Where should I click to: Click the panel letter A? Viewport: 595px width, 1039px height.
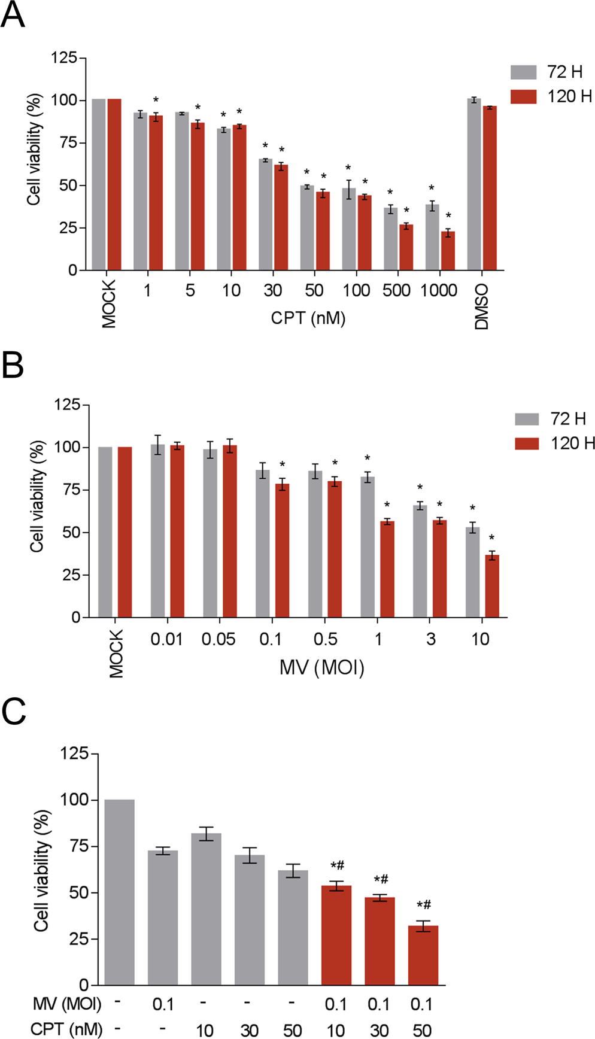pos(13,16)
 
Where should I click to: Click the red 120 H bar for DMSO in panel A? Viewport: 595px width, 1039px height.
pos(490,188)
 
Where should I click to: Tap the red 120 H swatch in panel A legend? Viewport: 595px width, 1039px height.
pos(523,96)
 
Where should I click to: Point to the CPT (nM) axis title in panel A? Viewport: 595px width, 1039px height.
pos(308,317)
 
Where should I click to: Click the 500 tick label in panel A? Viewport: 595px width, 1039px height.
pos(396,291)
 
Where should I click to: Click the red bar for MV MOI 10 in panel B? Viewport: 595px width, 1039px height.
pos(492,586)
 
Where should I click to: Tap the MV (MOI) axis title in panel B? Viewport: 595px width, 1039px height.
pos(321,667)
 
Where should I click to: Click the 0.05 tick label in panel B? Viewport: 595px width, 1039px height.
pos(218,639)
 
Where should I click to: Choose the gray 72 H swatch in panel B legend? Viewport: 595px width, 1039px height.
pos(527,418)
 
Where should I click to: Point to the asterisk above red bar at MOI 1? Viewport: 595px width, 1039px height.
pos(387,505)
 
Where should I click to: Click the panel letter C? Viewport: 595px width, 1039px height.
pos(13,711)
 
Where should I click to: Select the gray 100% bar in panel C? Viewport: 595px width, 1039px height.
pos(119,892)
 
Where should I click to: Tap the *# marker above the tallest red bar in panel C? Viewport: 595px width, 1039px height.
pos(337,865)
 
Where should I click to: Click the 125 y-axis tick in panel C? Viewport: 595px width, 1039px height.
pos(74,753)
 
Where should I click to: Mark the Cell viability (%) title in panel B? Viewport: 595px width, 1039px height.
pos(37,496)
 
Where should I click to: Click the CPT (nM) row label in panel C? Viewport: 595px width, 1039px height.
pos(66,1029)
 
